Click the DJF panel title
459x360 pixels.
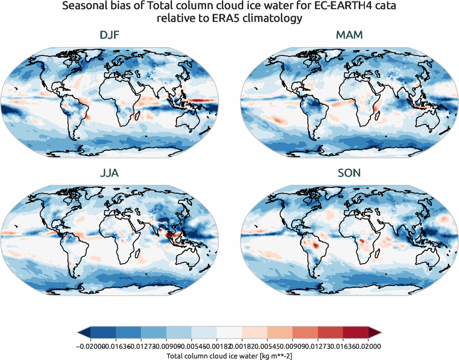click(110, 36)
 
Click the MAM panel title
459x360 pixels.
click(349, 36)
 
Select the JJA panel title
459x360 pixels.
click(110, 173)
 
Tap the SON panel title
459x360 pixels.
click(349, 173)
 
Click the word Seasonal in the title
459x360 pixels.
click(84, 7)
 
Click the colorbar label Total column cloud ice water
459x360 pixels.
click(229, 355)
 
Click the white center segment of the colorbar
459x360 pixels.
click(230, 333)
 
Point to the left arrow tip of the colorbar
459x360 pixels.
click(80, 333)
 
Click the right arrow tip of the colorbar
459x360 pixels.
click(379, 333)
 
